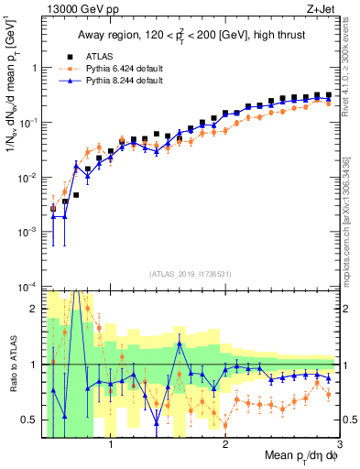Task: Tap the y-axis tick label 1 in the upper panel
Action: pos(36,68)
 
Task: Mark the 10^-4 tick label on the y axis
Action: pos(29,288)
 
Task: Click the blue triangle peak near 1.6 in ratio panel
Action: pos(180,344)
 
